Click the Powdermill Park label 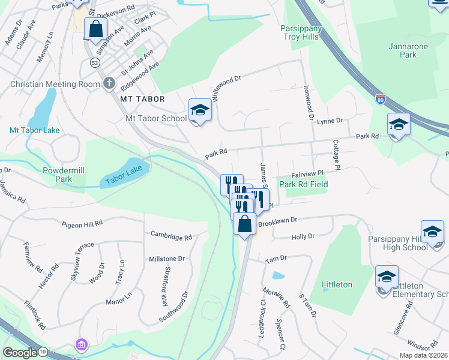pos(65,175)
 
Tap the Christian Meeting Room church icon pos(109,83)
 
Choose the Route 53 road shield pos(95,62)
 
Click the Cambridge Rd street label pos(170,236)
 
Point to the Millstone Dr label pos(166,258)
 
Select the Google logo pos(20,352)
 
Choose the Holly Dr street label pos(303,237)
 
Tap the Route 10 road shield pos(43,351)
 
